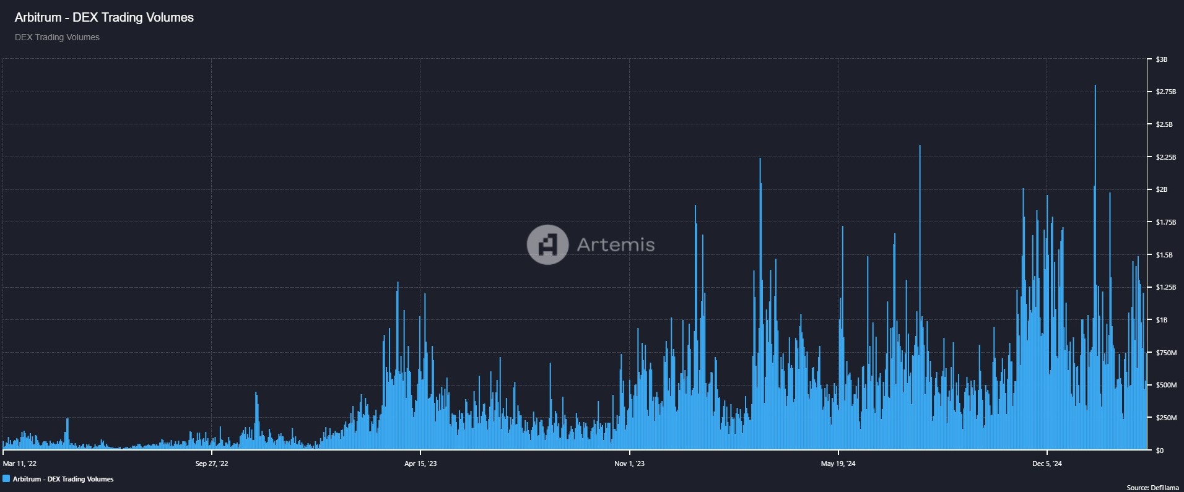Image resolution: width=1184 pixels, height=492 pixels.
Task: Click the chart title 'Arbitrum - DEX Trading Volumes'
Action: [104, 17]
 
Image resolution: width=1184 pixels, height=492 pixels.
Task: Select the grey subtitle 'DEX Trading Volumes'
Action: [57, 37]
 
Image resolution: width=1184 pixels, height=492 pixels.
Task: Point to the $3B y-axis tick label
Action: [1161, 59]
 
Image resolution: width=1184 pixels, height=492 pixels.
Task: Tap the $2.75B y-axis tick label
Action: [1165, 92]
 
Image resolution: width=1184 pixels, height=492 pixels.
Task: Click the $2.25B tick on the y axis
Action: [1165, 157]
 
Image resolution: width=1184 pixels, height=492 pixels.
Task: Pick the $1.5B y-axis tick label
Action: [1164, 255]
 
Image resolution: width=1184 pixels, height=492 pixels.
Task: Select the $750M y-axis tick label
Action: [1165, 353]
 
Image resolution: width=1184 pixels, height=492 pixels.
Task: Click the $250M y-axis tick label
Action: [1165, 418]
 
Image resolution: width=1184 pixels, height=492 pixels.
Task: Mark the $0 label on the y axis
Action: [1159, 451]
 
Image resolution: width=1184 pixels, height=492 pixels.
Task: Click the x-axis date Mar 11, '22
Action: [20, 464]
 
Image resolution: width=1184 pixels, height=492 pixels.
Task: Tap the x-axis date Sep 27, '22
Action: [212, 464]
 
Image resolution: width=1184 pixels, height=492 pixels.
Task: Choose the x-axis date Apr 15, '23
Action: [420, 464]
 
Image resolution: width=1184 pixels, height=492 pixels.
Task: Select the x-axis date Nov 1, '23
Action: [629, 464]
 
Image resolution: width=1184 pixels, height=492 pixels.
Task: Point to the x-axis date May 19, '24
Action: [838, 464]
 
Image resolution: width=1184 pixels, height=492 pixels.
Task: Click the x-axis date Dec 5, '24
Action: [1047, 464]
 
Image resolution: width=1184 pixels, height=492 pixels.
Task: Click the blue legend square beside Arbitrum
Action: [6, 479]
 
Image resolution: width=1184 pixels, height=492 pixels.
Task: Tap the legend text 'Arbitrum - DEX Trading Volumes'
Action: [63, 479]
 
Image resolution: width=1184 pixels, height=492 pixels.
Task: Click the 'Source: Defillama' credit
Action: [1152, 488]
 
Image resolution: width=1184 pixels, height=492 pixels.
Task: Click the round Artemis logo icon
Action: [547, 244]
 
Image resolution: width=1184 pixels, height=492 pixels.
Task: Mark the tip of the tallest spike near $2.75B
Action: [1095, 86]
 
